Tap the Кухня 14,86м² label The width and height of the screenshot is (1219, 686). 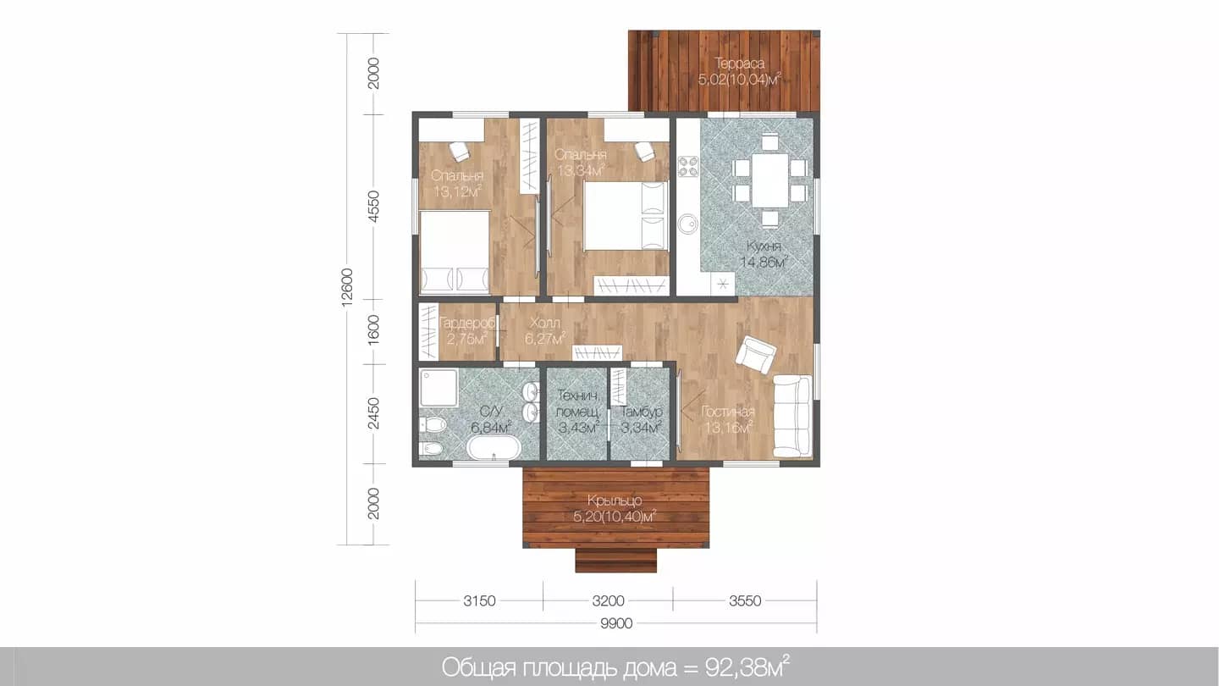764,254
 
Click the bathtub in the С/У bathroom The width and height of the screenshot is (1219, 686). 494,448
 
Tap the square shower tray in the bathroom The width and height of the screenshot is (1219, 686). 439,388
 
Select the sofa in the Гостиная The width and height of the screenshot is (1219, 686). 792,416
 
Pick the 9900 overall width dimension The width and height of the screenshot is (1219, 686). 616,623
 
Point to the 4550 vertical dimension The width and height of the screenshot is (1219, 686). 373,207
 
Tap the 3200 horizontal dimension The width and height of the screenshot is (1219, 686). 608,601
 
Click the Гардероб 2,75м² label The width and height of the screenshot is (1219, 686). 467,331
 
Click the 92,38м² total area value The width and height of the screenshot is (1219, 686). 747,667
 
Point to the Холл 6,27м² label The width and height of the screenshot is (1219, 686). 545,331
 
